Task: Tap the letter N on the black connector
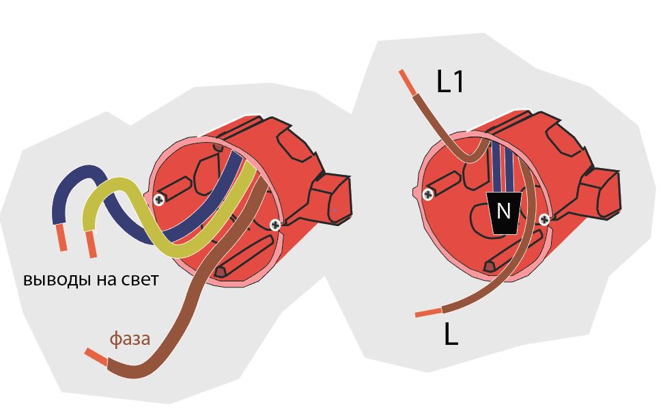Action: pyautogui.click(x=504, y=211)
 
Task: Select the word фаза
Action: pyautogui.click(x=130, y=339)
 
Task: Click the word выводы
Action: pyautogui.click(x=53, y=280)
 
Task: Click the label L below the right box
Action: pyautogui.click(x=451, y=335)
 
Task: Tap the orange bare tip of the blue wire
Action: pyautogui.click(x=62, y=238)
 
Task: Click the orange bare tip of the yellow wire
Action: pyautogui.click(x=91, y=244)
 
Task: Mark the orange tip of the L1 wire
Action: pyautogui.click(x=407, y=82)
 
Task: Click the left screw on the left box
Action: pyautogui.click(x=159, y=199)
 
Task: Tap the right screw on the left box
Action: pyautogui.click(x=274, y=224)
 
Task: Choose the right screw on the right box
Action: pyautogui.click(x=544, y=219)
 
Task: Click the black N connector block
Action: pyautogui.click(x=504, y=213)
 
